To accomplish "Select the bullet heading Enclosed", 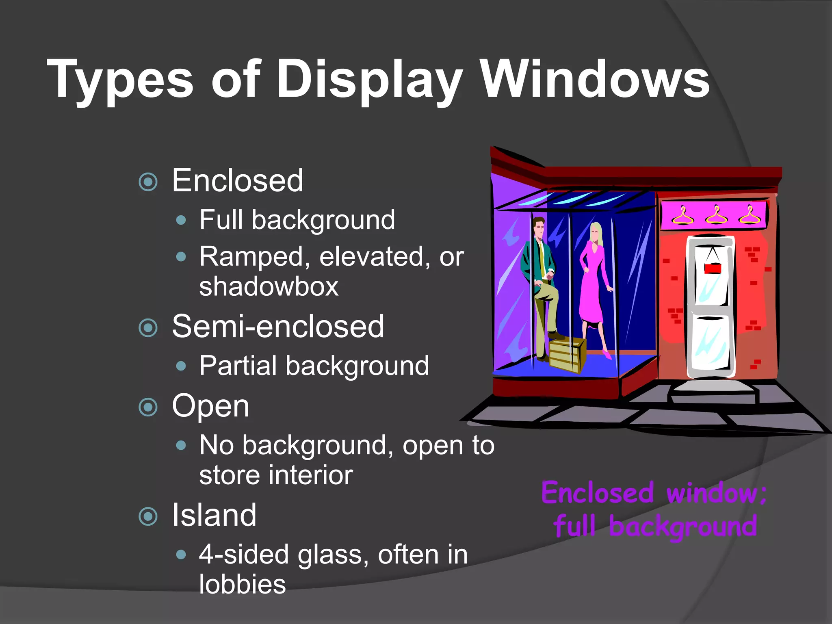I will pos(237,180).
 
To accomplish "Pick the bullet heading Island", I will pos(214,515).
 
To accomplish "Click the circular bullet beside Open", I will pos(148,407).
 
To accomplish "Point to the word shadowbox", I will pos(269,286).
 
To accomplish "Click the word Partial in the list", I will pos(238,366).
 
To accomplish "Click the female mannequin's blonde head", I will pos(596,233).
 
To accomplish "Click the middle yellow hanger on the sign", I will pos(716,214).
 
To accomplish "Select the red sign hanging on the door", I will pos(713,268).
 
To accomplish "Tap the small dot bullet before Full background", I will pos(181,221).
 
